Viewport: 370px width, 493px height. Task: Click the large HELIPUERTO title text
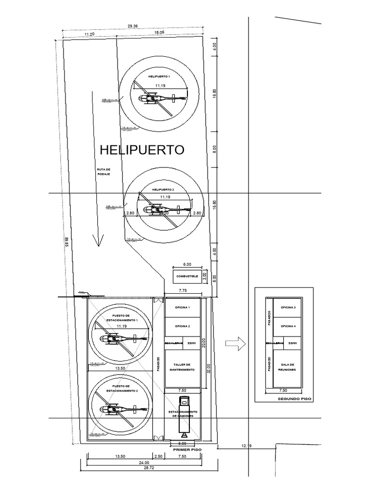tap(142, 150)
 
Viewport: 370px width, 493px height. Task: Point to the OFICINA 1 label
tap(183, 307)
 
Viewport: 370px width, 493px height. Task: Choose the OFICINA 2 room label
tap(183, 326)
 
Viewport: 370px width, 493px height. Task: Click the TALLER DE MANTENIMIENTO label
tap(183, 367)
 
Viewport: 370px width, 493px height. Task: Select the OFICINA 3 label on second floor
tap(288, 307)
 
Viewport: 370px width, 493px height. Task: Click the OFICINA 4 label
tap(288, 326)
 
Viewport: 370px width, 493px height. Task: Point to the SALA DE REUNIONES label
tap(288, 367)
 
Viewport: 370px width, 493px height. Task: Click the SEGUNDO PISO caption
tap(295, 399)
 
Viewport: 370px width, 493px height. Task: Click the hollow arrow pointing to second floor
tap(236, 343)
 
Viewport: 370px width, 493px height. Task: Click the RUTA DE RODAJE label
tap(103, 171)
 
